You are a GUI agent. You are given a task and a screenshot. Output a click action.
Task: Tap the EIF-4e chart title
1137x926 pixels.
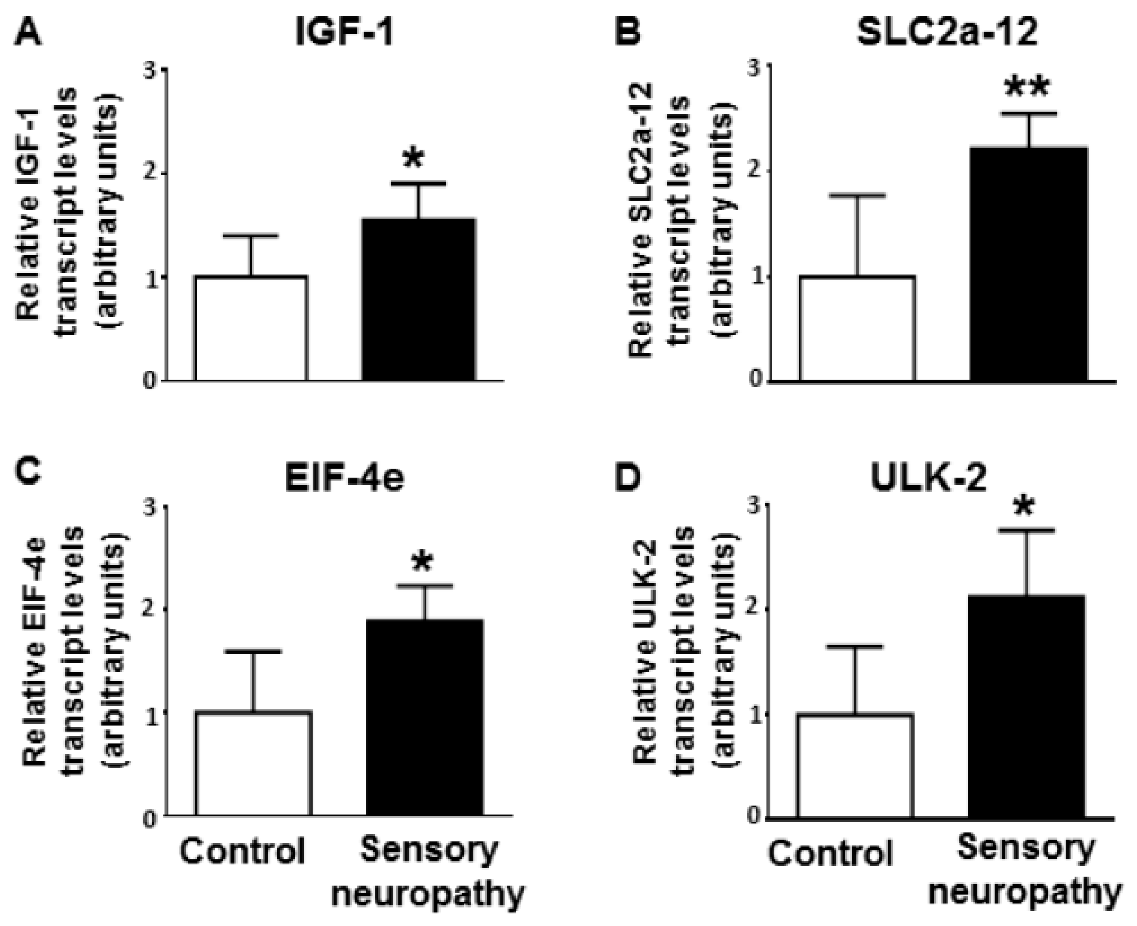click(x=344, y=477)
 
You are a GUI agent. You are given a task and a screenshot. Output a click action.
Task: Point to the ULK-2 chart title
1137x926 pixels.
click(x=928, y=477)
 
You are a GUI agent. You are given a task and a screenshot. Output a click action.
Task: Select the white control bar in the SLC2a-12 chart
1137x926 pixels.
click(x=857, y=329)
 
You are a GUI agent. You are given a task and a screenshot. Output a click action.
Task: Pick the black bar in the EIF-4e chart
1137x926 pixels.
click(x=425, y=717)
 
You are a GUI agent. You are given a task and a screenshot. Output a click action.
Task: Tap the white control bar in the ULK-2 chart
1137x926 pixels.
click(x=855, y=766)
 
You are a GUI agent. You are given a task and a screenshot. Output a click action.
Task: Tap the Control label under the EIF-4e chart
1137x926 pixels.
click(x=242, y=851)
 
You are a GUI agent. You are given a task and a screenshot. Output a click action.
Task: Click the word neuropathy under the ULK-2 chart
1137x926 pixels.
click(x=1025, y=892)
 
